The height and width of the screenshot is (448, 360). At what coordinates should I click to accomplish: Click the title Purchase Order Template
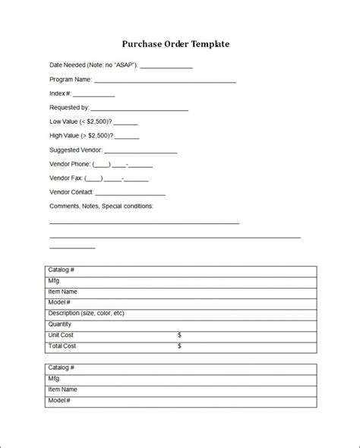(x=175, y=44)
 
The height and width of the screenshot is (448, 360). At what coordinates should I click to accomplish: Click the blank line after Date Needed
(x=166, y=68)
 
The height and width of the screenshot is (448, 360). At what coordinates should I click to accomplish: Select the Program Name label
(x=71, y=80)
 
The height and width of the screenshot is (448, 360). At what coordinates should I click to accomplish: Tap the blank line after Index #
(x=95, y=96)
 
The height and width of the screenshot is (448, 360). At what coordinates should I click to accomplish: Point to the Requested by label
(x=70, y=108)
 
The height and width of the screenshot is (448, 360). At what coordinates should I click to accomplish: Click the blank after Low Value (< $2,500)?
(x=125, y=123)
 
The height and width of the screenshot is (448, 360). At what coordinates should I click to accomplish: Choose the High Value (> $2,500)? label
(x=81, y=136)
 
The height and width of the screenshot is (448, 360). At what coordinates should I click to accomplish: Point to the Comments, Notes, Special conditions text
(x=101, y=206)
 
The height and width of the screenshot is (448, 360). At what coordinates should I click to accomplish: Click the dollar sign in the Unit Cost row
(x=179, y=335)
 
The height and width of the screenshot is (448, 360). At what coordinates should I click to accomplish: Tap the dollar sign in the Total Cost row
(x=179, y=345)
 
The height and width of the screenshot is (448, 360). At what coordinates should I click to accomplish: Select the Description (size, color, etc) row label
(x=86, y=313)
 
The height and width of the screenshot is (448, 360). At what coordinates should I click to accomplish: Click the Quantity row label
(x=61, y=323)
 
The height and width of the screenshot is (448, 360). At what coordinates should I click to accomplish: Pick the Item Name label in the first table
(x=62, y=292)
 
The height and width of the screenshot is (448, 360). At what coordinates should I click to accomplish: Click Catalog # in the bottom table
(x=61, y=368)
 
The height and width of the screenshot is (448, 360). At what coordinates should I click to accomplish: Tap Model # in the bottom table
(x=59, y=399)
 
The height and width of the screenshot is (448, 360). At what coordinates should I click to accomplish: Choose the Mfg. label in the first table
(x=54, y=281)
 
